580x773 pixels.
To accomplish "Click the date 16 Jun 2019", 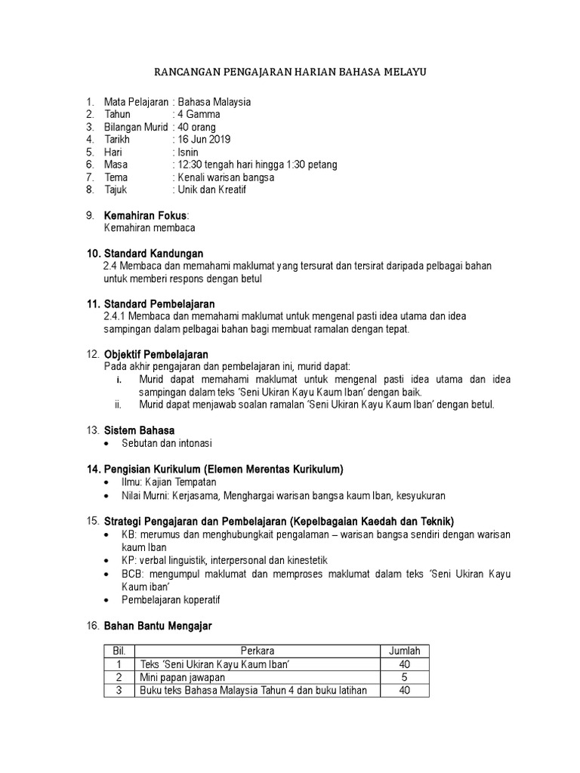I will coord(204,140).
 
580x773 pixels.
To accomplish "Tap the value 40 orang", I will coord(200,127).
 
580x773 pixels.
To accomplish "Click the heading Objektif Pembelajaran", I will coord(156,354).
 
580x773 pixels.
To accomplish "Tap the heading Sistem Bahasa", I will coord(138,430).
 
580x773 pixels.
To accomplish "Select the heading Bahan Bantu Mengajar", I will coord(157,626).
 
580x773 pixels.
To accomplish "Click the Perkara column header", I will coord(258,651).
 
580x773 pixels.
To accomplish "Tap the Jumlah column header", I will coord(403,651).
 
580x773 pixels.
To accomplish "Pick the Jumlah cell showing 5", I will coord(403,677).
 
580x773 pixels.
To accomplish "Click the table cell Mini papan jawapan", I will coord(182,677).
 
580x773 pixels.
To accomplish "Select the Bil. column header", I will coord(118,651).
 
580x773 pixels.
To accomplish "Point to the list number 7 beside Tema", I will coord(89,177).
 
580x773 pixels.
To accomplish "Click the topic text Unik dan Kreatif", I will coord(212,190).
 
